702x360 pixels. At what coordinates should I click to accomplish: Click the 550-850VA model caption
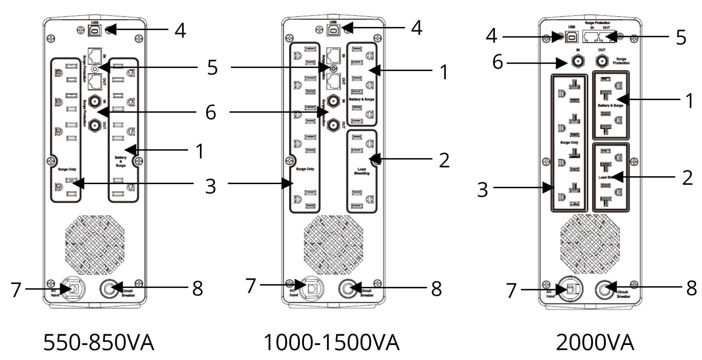(x=99, y=343)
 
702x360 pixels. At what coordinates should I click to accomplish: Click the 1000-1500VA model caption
(x=331, y=343)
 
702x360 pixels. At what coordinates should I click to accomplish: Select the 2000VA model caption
(x=595, y=343)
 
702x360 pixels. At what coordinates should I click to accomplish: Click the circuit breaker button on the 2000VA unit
(x=605, y=290)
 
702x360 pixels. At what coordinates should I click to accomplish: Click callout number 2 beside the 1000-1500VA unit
(x=444, y=160)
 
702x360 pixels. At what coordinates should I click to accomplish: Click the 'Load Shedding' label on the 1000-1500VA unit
(x=362, y=171)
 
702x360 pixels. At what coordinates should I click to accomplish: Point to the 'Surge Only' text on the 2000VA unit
(x=569, y=142)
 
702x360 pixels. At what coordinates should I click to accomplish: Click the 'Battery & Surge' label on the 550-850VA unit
(x=121, y=161)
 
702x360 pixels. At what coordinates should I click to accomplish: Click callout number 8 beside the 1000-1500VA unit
(x=436, y=289)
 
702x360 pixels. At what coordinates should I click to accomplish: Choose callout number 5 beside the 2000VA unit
(x=681, y=38)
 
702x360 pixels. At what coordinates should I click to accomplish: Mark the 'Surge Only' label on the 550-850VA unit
(x=67, y=169)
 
